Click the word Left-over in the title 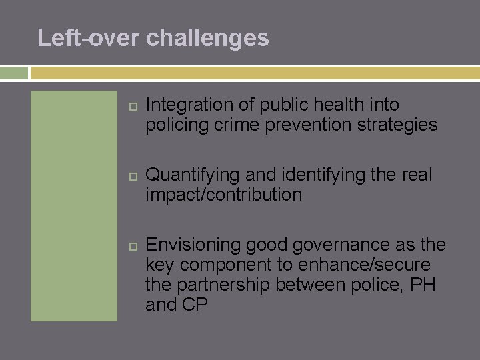(89, 37)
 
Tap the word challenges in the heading (207, 38)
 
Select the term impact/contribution (223, 195)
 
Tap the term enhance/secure (363, 265)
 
